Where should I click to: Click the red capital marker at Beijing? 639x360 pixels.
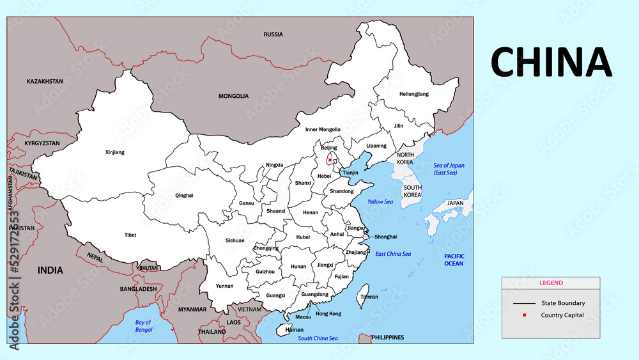coord(330,159)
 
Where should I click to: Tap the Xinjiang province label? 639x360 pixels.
coord(114,152)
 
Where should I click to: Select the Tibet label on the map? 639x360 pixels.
coord(130,235)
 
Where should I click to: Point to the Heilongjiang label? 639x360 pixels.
coord(414,94)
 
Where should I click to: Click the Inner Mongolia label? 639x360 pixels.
coord(323,129)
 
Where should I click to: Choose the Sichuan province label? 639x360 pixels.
coord(235,240)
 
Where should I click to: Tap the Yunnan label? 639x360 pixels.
coord(224,286)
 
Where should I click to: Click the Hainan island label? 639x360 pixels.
coord(295,329)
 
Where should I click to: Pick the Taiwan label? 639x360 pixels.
coord(369,297)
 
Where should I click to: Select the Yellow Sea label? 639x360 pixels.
coord(380,201)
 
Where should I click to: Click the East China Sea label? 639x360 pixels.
coord(393,254)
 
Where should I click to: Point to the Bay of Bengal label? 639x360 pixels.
coord(144,325)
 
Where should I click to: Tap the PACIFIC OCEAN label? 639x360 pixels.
coord(454,260)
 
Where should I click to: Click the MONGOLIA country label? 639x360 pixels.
coord(233,96)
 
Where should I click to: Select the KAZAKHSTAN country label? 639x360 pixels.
coord(45,82)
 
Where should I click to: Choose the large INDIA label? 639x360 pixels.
coord(50,270)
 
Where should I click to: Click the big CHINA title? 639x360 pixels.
coord(551,62)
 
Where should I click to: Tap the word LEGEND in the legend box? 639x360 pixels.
coord(551,283)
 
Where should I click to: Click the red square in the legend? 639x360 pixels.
coord(524,315)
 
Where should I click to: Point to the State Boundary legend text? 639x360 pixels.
coord(563,303)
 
